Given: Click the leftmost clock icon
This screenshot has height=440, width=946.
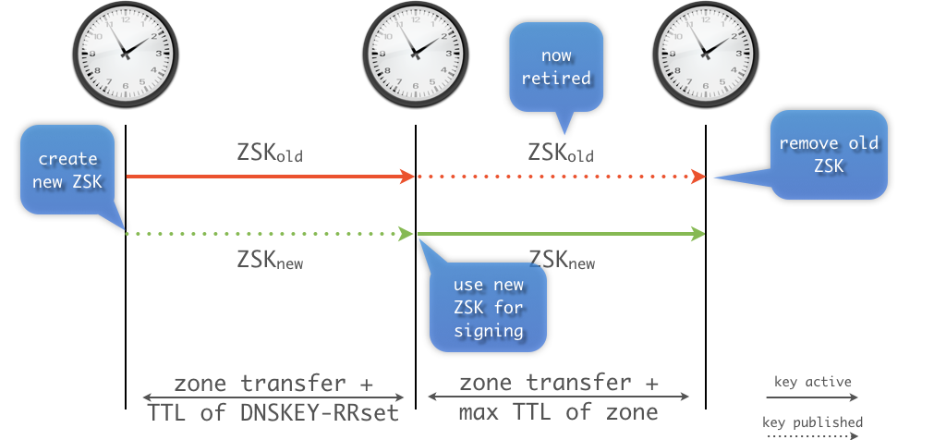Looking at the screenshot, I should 125,54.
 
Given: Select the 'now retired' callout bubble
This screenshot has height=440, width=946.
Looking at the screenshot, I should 556,67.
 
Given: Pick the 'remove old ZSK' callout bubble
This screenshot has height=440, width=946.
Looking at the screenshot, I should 829,154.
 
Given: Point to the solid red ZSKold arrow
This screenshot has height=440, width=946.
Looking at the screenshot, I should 269,176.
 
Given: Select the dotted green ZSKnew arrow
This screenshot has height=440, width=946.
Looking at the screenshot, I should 269,234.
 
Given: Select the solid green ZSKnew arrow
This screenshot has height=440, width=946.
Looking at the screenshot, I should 560,234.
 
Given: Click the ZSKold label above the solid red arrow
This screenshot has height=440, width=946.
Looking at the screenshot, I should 270,152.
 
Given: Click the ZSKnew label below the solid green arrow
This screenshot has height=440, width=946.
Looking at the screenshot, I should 561,261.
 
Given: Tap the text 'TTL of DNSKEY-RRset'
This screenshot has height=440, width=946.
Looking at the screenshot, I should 273,412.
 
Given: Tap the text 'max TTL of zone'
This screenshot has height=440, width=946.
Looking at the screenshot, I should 558,412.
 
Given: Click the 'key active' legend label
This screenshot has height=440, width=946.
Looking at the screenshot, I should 813,381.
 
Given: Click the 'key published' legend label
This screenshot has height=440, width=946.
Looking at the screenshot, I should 813,422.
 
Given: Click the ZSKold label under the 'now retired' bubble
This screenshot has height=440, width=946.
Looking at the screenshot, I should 561,152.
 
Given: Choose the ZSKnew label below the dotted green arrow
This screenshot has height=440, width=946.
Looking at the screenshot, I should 270,261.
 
